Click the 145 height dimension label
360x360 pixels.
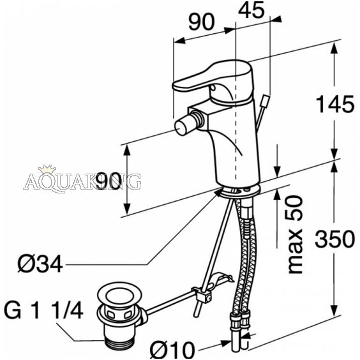coord(335,104)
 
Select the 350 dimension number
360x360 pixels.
coord(334,239)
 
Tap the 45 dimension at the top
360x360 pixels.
coord(251,10)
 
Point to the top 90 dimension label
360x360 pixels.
coord(201,22)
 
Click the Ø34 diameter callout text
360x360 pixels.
coord(40,264)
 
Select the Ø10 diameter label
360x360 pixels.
coord(172,350)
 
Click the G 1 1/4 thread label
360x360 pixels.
coord(43,310)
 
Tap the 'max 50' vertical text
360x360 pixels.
coord(295,235)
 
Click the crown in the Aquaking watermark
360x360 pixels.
coord(47,169)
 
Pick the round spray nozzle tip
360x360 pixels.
coord(182,127)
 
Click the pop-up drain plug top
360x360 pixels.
coord(119,296)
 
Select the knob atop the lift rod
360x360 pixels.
coord(266,100)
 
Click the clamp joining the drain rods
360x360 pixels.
coord(202,294)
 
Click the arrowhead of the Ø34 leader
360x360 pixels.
coord(218,192)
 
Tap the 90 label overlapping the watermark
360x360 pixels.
coord(109,181)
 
